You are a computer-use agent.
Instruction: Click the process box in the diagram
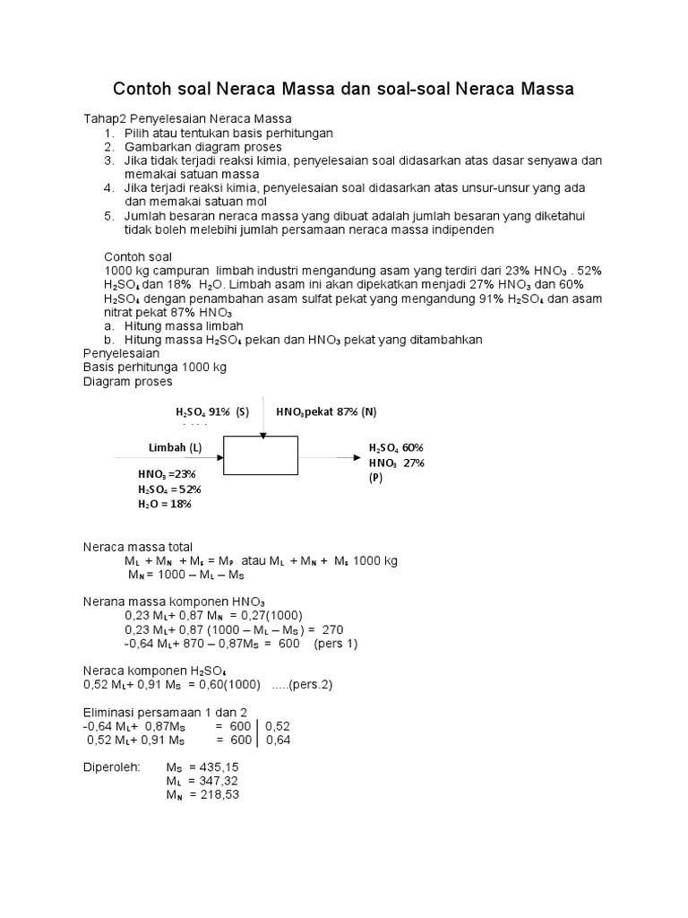pos(261,455)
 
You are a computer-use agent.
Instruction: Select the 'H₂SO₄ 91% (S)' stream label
pos(211,411)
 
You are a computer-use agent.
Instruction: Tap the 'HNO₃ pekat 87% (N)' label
pos(326,411)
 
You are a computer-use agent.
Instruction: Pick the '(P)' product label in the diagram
pos(374,478)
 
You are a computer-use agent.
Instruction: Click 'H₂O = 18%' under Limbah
pos(165,504)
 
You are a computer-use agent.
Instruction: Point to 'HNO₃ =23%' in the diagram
pos(167,473)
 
